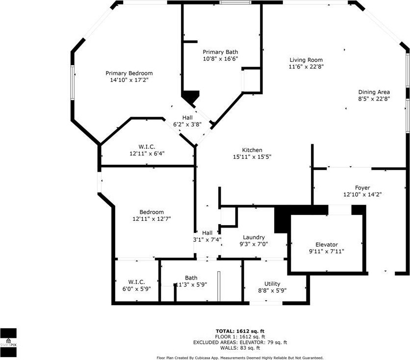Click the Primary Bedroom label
click(x=129, y=73)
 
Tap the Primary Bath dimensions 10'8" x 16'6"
click(x=220, y=59)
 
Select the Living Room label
click(x=306, y=60)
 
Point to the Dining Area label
click(x=374, y=92)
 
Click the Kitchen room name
click(x=252, y=150)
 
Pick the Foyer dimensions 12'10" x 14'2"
click(x=362, y=195)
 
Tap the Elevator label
click(x=327, y=245)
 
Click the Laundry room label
click(x=254, y=237)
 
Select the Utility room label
click(x=272, y=284)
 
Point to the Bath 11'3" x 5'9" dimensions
click(x=192, y=284)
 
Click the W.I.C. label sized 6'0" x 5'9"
click(x=136, y=282)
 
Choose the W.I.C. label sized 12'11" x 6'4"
click(x=147, y=147)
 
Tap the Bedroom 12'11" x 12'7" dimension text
click(x=152, y=219)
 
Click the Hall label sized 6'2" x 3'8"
click(x=187, y=118)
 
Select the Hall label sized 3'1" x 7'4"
click(x=207, y=233)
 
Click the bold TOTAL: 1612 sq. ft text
click(x=240, y=331)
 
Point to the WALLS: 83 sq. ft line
click(x=240, y=348)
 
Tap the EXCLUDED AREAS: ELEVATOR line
click(x=240, y=342)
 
